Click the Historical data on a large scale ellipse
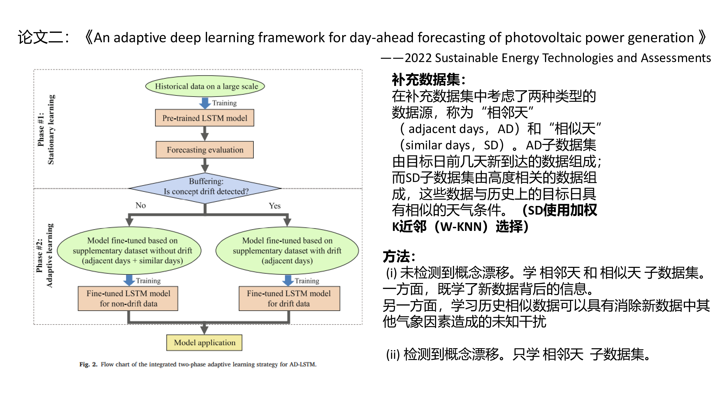click(x=205, y=86)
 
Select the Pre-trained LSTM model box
click(x=205, y=118)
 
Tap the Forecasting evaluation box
click(x=205, y=150)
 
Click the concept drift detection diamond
click(x=205, y=188)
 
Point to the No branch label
click(x=140, y=205)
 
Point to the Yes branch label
click(x=274, y=206)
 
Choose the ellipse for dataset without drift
click(x=129, y=250)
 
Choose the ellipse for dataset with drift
click(x=287, y=250)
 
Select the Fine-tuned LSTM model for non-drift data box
click(x=128, y=298)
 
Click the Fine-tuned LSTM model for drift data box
click(x=289, y=298)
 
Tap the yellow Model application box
click(x=204, y=343)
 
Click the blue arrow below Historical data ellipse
click(x=205, y=103)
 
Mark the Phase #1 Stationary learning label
click(x=46, y=129)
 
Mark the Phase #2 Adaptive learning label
click(x=45, y=256)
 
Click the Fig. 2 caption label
click(x=88, y=364)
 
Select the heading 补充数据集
click(x=428, y=80)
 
